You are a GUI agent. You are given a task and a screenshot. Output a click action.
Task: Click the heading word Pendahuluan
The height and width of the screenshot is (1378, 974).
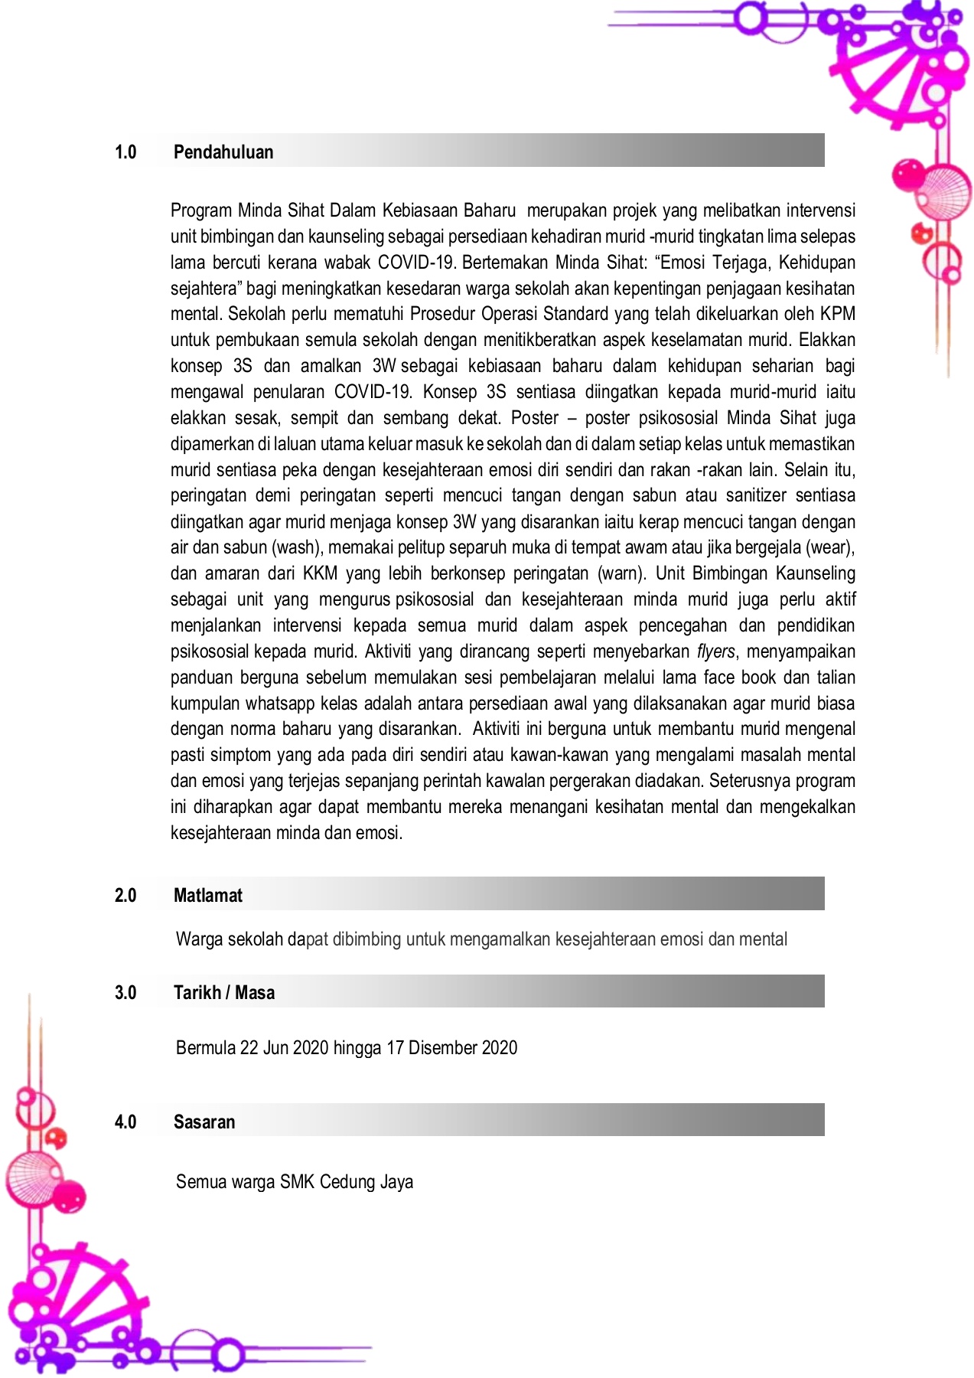click(223, 152)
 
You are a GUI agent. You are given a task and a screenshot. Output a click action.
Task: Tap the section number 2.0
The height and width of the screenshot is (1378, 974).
click(125, 896)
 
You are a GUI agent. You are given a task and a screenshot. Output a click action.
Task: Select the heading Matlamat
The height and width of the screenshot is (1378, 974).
click(208, 896)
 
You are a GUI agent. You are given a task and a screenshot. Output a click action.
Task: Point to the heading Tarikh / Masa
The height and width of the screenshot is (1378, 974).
click(224, 993)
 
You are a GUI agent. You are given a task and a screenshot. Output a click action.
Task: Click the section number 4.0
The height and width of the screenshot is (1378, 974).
click(125, 1122)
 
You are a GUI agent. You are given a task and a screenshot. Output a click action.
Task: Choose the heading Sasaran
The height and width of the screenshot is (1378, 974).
click(204, 1122)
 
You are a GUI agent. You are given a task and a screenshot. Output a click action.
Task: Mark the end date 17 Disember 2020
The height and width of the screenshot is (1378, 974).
click(451, 1048)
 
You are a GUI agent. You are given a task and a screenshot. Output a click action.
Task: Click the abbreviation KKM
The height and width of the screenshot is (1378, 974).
click(320, 573)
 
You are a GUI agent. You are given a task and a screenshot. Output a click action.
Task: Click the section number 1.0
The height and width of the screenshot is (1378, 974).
click(125, 152)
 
